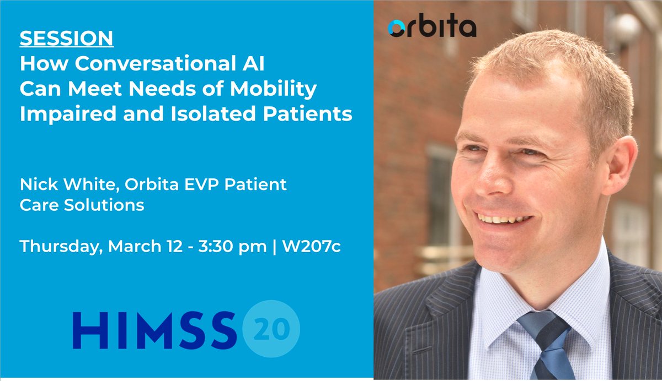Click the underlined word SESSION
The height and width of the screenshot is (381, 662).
tap(67, 39)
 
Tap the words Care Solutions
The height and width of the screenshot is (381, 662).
tap(82, 205)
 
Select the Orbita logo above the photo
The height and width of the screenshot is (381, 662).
tap(431, 28)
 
